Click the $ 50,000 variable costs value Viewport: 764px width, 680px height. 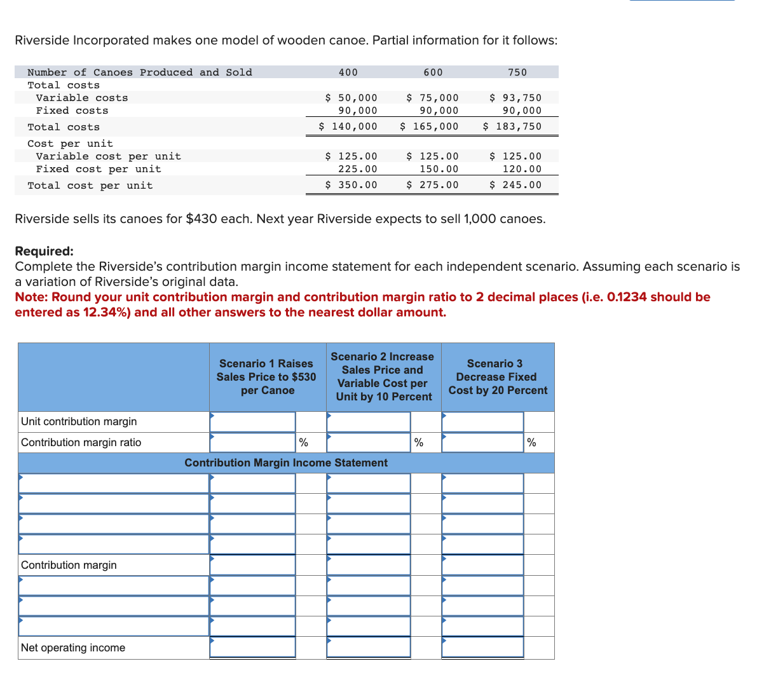[x=351, y=98]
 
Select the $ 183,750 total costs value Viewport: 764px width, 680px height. [x=512, y=126]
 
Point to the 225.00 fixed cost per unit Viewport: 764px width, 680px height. [x=357, y=169]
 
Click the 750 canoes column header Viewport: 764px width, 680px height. [x=517, y=72]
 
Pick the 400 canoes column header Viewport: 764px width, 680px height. [x=348, y=72]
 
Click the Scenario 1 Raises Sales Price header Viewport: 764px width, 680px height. [x=266, y=377]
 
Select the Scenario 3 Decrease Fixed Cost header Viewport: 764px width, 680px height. [x=497, y=377]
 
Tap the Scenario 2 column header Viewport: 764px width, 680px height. [x=383, y=377]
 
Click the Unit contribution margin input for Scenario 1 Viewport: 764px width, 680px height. [x=253, y=422]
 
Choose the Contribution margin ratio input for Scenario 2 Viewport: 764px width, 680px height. [x=369, y=443]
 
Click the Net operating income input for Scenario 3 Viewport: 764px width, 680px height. [x=482, y=648]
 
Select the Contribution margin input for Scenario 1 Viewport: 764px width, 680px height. [x=253, y=565]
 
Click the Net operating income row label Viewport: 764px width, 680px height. [x=73, y=648]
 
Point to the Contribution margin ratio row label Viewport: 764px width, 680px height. [x=81, y=442]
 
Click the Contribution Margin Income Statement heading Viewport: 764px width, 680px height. [x=286, y=463]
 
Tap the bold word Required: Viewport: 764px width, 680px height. [x=44, y=251]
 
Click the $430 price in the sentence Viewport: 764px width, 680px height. [x=201, y=219]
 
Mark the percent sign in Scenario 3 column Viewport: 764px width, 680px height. [x=531, y=443]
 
